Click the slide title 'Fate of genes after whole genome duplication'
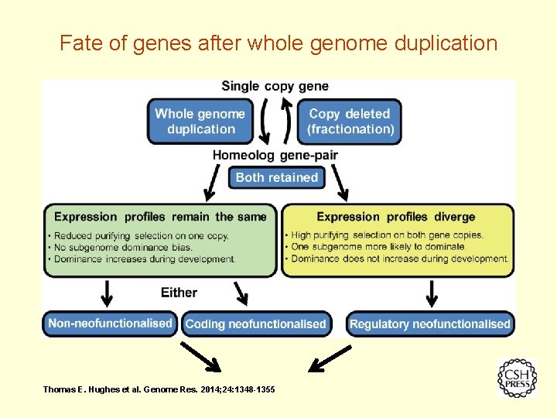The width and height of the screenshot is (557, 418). coord(278,43)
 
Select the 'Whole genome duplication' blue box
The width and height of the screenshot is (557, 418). coord(200,122)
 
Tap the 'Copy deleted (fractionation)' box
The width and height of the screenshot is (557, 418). coord(350,122)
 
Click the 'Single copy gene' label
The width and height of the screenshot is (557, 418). coord(275,86)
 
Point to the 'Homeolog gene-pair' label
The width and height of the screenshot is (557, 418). coord(275,155)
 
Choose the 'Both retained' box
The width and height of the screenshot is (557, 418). coord(276,177)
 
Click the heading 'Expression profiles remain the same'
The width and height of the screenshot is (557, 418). coord(160,217)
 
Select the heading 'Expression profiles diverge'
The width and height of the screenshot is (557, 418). coord(395,217)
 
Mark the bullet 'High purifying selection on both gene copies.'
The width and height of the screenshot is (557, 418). coord(387,235)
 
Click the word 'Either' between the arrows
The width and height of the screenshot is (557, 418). coord(179,293)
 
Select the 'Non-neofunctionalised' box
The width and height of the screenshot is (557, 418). coord(110,324)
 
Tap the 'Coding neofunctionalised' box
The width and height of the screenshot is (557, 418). coord(256,324)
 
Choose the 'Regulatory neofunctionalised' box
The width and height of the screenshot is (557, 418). coord(430,324)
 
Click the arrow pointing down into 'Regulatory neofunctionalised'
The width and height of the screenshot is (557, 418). coord(432,294)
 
